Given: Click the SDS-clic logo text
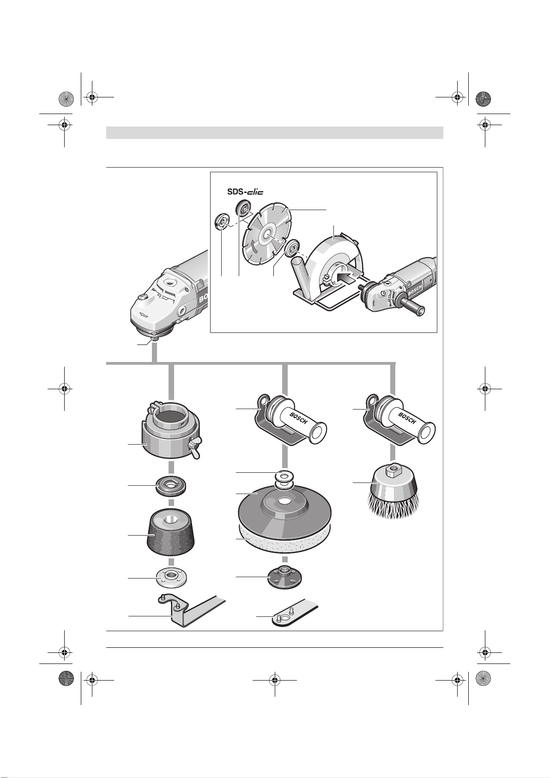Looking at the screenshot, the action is click(x=245, y=192).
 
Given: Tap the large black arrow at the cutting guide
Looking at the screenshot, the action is click(x=346, y=277).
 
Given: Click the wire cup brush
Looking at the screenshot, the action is click(x=393, y=492).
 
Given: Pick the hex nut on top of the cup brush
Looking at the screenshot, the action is click(x=393, y=470).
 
